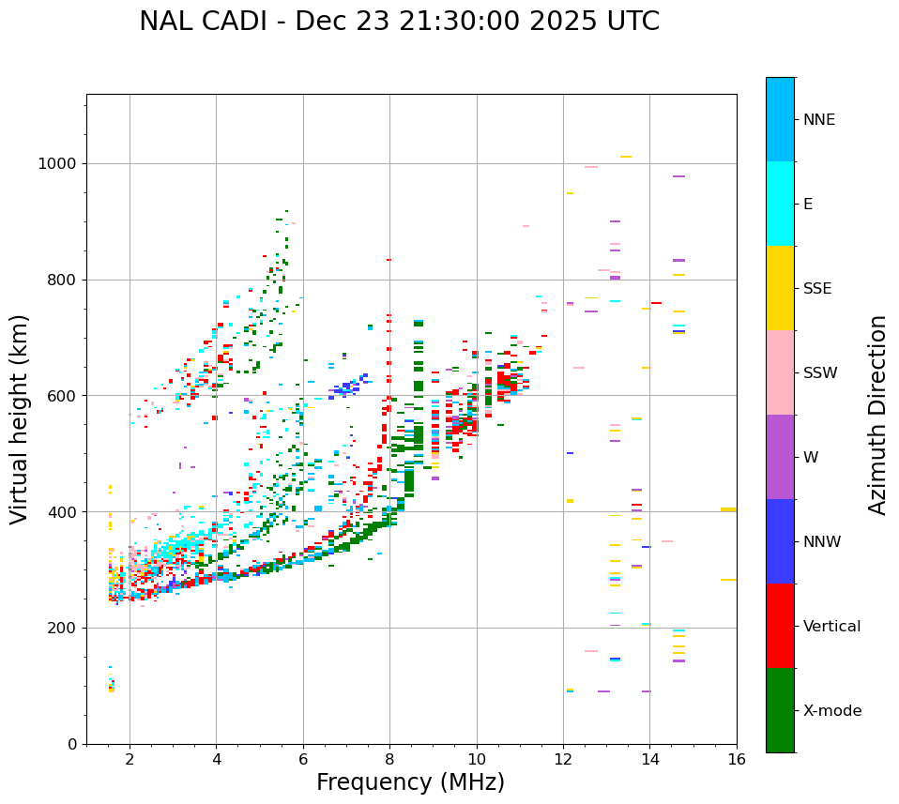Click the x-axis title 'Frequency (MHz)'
[410, 782]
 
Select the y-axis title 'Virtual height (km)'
[20, 419]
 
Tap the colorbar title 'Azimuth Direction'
[877, 415]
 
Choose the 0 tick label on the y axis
[71, 744]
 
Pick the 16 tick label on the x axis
[737, 759]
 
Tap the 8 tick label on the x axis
[389, 759]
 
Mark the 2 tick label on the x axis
[130, 759]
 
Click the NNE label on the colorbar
[818, 120]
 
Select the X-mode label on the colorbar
[831, 711]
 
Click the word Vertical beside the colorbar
[831, 627]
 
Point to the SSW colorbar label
[820, 373]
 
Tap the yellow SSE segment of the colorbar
[780, 288]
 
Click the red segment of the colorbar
[780, 626]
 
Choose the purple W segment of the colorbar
[780, 457]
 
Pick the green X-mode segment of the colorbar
[780, 710]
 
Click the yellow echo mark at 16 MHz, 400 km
[728, 509]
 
